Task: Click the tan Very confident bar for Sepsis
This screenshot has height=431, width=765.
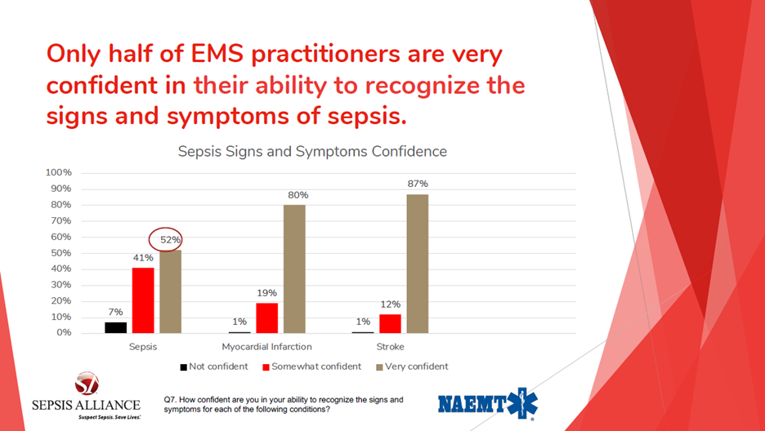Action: (x=171, y=291)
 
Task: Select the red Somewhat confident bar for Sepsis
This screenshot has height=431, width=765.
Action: (x=144, y=300)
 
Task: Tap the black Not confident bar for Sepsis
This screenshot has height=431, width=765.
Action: (x=115, y=328)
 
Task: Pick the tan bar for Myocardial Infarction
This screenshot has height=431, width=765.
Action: (x=294, y=269)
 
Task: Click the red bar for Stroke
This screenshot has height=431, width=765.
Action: (x=391, y=324)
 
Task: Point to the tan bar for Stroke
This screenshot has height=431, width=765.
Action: (x=418, y=264)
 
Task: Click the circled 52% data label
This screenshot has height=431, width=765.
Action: (x=170, y=240)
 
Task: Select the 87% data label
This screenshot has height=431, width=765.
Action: (x=418, y=184)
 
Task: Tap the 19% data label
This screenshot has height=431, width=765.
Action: (x=267, y=293)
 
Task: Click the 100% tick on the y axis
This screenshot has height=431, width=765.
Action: (x=59, y=173)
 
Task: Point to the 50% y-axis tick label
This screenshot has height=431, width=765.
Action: (x=61, y=253)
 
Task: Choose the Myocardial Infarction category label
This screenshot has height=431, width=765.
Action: (x=267, y=347)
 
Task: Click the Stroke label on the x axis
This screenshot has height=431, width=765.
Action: (x=391, y=347)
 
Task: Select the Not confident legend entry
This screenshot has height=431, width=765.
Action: (x=214, y=367)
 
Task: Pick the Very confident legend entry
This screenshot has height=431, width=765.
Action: (x=412, y=367)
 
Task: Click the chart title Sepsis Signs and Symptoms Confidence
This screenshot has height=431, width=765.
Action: (x=312, y=152)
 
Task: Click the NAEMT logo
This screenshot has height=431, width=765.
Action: (x=488, y=403)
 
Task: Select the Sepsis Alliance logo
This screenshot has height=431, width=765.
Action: (x=86, y=396)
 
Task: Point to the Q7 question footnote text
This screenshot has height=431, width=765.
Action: (x=284, y=405)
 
